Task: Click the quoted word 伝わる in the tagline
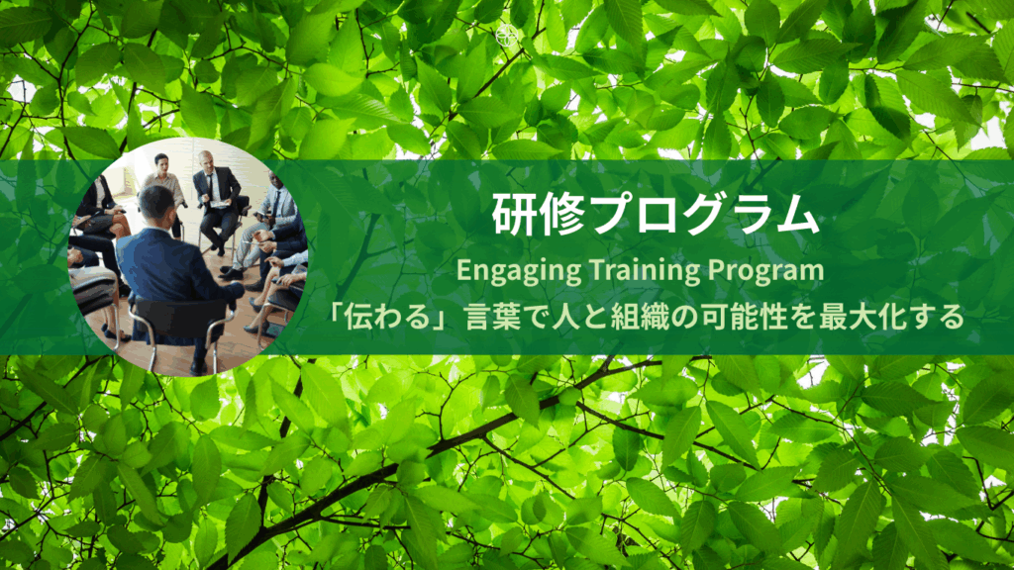click(387, 318)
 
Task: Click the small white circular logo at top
click(506, 36)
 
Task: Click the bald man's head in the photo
click(206, 160)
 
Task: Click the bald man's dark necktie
click(209, 186)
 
